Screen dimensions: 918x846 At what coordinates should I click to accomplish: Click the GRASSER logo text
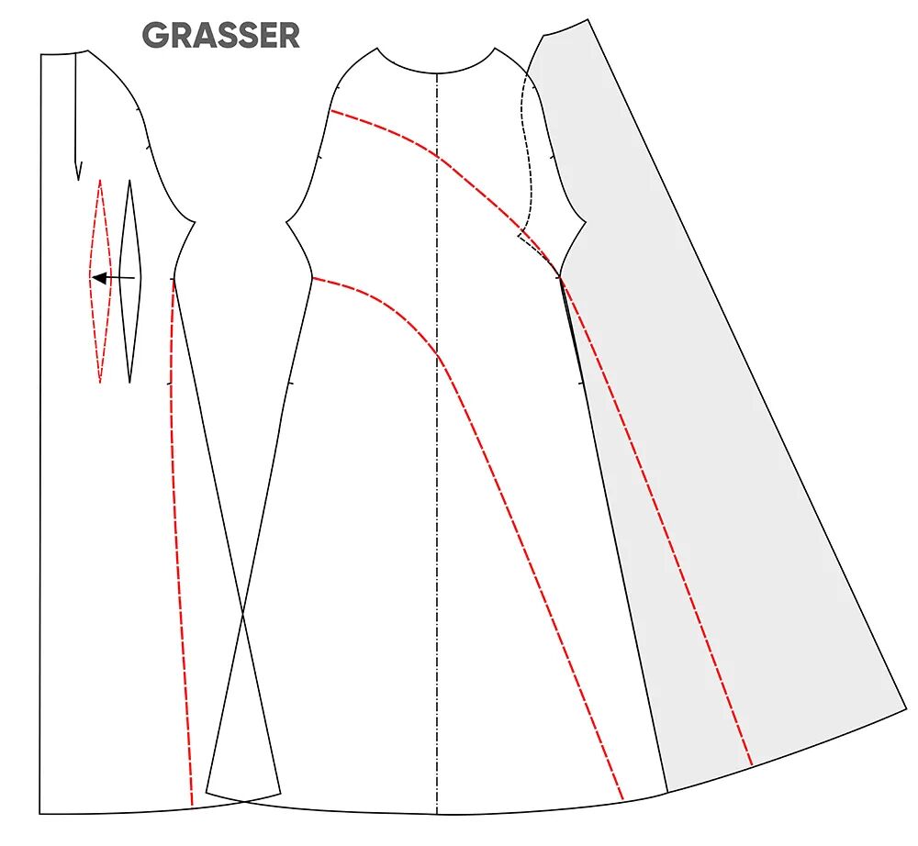coord(220,36)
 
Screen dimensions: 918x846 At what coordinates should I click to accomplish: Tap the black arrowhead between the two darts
coord(98,277)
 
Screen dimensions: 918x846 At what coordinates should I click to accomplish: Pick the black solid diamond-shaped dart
coord(130,280)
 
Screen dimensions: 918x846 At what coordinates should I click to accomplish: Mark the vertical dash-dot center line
coord(437,459)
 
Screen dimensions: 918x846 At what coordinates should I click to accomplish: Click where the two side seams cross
coord(243,617)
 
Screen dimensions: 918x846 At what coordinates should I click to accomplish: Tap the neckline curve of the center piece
coord(437,71)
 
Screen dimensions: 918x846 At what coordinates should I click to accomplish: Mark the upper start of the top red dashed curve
coord(331,111)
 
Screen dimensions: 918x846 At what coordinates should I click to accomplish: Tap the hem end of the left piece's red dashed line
coord(191,806)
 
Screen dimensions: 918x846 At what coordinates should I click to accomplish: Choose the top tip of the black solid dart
coord(129,180)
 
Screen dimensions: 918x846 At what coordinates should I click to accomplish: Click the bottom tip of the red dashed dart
coord(100,382)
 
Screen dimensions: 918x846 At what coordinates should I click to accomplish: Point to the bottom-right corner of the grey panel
coord(905,707)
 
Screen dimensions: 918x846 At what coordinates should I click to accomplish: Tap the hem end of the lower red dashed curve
coord(623,799)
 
